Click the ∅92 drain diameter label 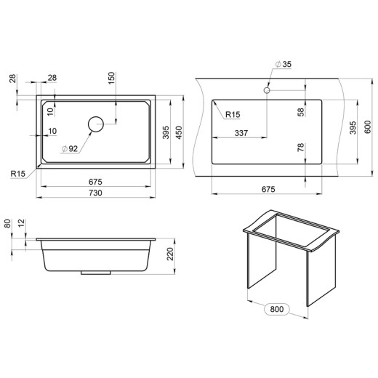tap(70, 148)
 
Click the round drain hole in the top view tap(96, 124)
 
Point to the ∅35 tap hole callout tap(283, 65)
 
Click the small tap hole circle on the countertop tap(267, 92)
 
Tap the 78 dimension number tap(299, 150)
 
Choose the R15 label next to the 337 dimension tap(233, 115)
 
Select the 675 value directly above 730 tap(94, 182)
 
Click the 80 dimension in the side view tap(7, 223)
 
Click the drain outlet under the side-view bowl tap(92, 273)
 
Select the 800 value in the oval tap(277, 309)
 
